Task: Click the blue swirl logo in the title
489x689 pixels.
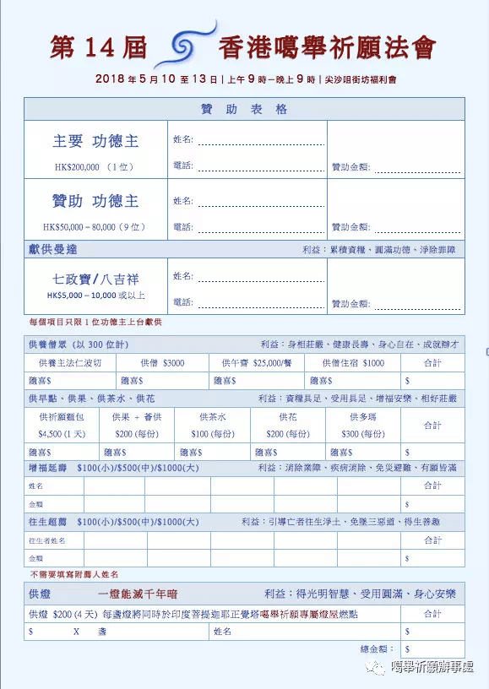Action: [183, 48]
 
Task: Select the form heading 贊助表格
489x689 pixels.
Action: [244, 110]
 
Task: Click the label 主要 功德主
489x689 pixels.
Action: [95, 140]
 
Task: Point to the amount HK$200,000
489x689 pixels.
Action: [77, 167]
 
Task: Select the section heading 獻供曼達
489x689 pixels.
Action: [53, 250]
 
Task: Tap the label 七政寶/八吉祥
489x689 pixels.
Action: [95, 277]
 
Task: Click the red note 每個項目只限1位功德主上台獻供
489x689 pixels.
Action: [95, 323]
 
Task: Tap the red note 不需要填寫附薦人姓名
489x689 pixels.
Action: [73, 574]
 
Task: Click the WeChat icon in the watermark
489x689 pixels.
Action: [372, 668]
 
